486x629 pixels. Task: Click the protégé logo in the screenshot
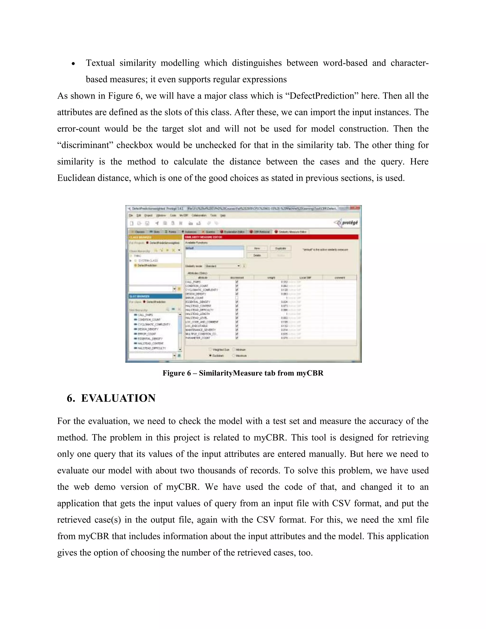coord(347,223)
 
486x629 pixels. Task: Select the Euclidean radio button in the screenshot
coord(210,355)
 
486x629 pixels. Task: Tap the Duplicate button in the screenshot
coord(280,248)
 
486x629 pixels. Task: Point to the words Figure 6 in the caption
coord(177,373)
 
